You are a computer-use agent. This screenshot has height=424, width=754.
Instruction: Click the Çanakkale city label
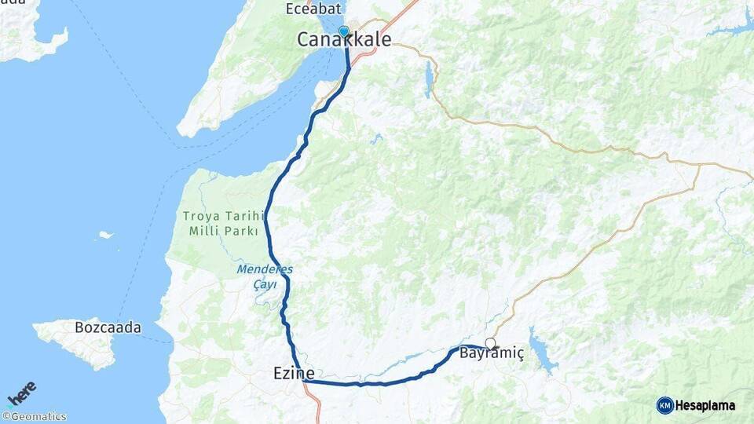point(344,39)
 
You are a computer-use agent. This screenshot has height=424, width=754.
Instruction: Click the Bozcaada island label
point(108,327)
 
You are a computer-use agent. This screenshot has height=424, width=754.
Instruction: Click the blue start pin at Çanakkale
point(343,31)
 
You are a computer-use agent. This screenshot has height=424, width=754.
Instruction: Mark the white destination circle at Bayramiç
point(490,343)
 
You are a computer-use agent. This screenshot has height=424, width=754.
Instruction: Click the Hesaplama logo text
point(705,405)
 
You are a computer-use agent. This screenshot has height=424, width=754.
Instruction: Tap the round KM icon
point(665,405)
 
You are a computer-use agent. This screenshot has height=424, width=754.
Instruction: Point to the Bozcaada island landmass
point(82,342)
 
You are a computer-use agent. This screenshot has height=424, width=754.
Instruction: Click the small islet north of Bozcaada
point(105,234)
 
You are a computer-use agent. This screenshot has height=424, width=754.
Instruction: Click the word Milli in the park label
point(206,231)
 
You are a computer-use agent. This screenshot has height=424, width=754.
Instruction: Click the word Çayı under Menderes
point(264,284)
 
